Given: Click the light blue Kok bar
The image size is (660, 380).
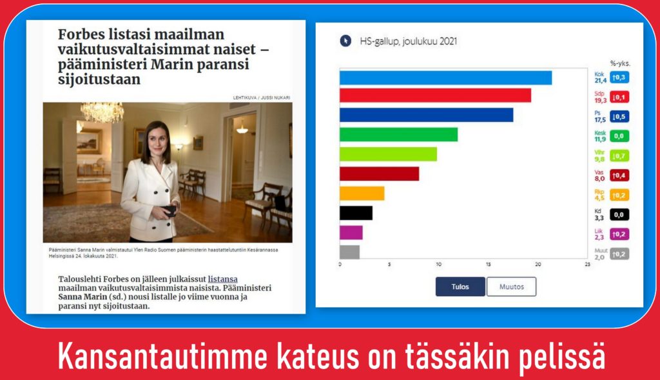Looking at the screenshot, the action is [446, 77].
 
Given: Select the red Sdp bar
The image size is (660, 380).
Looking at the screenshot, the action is [435, 95].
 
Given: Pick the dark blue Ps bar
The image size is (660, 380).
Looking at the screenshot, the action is [427, 115].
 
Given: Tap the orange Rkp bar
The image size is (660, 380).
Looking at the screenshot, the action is [362, 194].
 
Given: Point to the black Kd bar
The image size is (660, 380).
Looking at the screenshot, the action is [356, 213].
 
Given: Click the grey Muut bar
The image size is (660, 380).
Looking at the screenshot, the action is [350, 252].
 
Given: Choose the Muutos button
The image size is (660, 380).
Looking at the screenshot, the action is [511, 286].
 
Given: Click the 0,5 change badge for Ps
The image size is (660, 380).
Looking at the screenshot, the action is [619, 117].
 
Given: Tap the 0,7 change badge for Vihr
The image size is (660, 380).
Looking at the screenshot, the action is [619, 156].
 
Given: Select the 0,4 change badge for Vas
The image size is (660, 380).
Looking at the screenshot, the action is [619, 175].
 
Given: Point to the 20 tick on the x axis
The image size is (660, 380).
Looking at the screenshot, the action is [538, 264].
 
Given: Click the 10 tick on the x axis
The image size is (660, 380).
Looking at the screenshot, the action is [438, 264].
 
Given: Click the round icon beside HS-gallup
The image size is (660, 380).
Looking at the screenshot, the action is [345, 41].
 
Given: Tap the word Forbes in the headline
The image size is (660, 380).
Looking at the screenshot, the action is [81, 34].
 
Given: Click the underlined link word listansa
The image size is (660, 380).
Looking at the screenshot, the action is [222, 279].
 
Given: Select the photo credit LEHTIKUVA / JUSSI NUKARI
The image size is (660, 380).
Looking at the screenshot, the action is [262, 97].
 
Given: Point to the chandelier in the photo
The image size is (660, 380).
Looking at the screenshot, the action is [102, 112].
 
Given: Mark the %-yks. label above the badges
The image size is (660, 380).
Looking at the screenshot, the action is [620, 64].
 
